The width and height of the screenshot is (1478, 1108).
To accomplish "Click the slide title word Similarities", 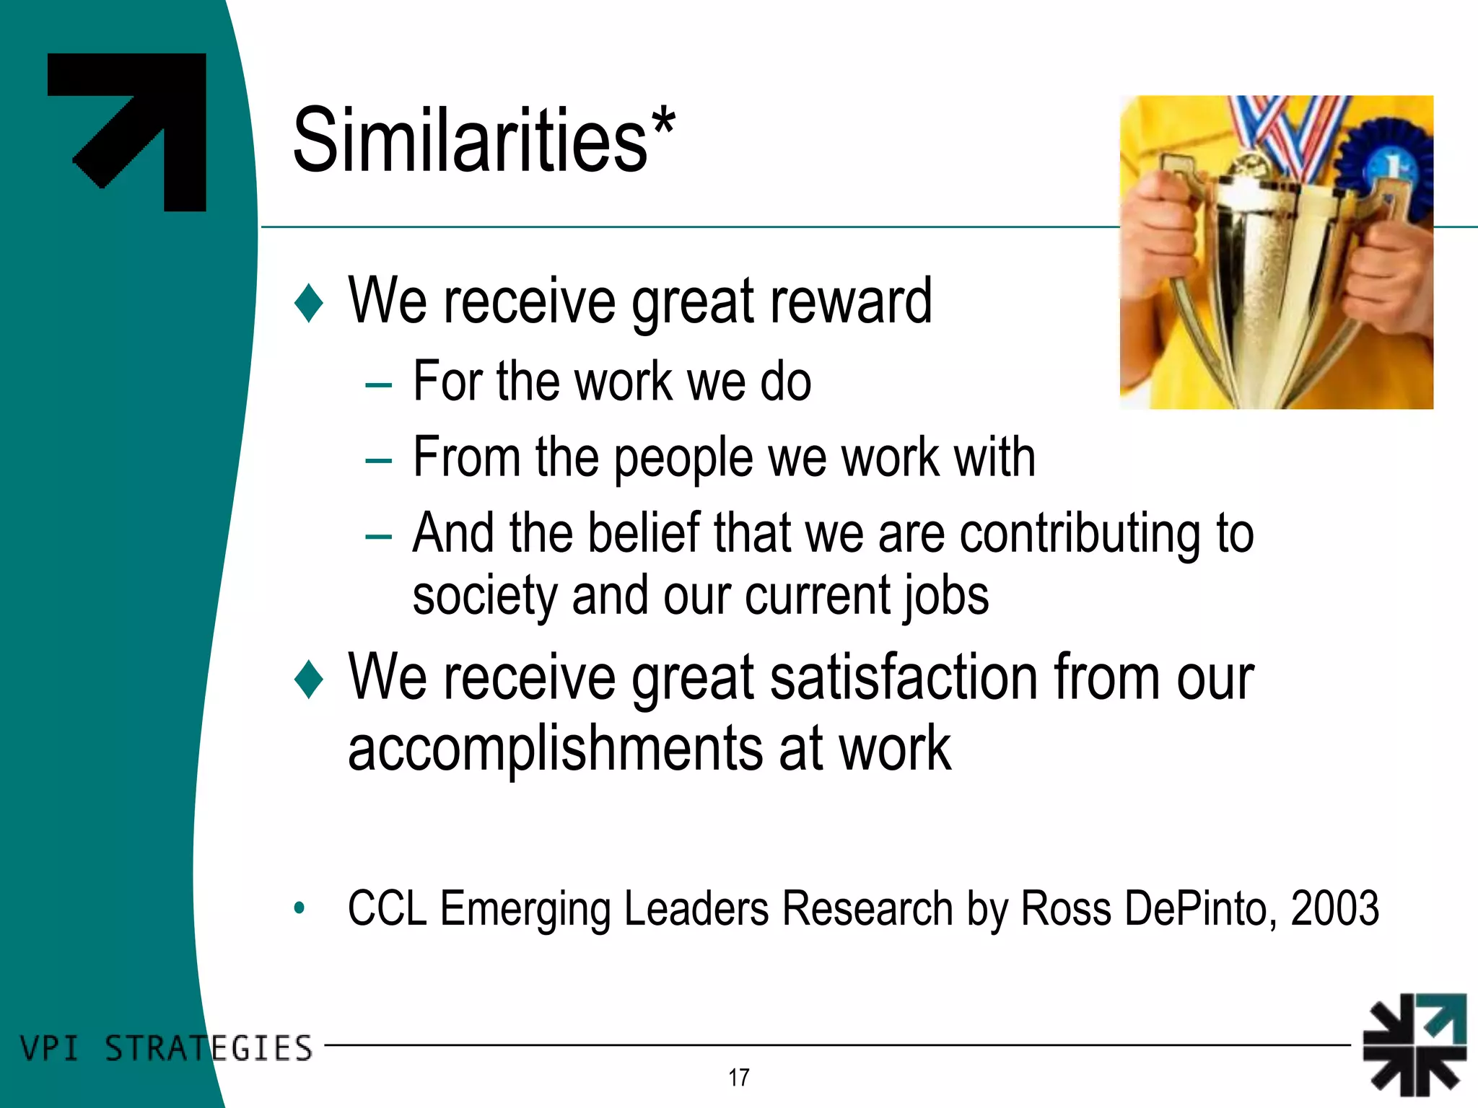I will [470, 140].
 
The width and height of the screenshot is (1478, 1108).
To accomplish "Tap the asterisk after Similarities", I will [663, 123].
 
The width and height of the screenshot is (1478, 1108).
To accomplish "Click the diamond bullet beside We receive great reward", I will [309, 302].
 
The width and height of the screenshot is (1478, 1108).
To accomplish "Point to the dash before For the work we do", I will [378, 385].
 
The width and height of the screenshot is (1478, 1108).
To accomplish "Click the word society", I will [484, 597].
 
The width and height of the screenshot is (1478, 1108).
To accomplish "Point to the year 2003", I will [1334, 908].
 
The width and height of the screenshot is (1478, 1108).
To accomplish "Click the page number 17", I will [738, 1078].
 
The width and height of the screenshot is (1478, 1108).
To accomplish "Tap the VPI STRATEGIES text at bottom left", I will [166, 1048].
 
